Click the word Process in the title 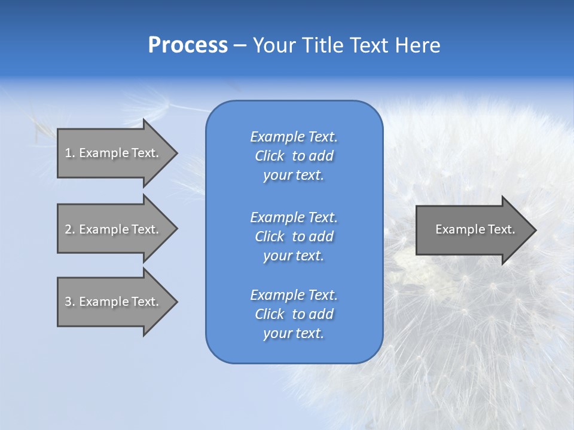(x=188, y=45)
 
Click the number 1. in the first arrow (x=69, y=153)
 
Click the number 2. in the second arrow (x=69, y=229)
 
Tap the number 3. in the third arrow (x=69, y=302)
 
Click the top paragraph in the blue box (x=294, y=156)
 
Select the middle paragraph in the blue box (x=294, y=236)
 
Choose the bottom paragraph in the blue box (x=294, y=314)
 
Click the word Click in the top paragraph (x=270, y=156)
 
